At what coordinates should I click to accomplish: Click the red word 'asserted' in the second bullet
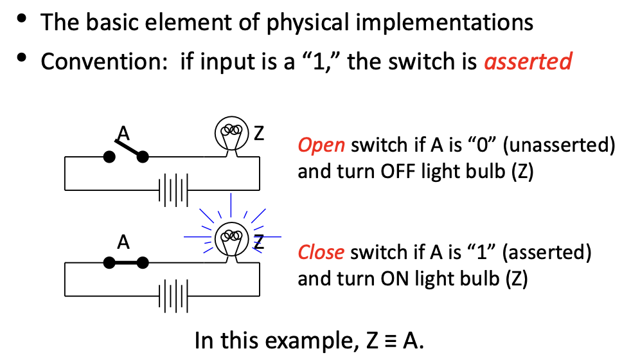[528, 61]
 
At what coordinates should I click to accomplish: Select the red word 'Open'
[321, 145]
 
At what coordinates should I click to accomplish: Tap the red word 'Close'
[321, 252]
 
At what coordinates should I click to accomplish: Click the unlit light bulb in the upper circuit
[230, 133]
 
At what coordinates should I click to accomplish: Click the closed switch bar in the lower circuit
[127, 262]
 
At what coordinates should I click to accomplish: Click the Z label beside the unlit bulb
[258, 134]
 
